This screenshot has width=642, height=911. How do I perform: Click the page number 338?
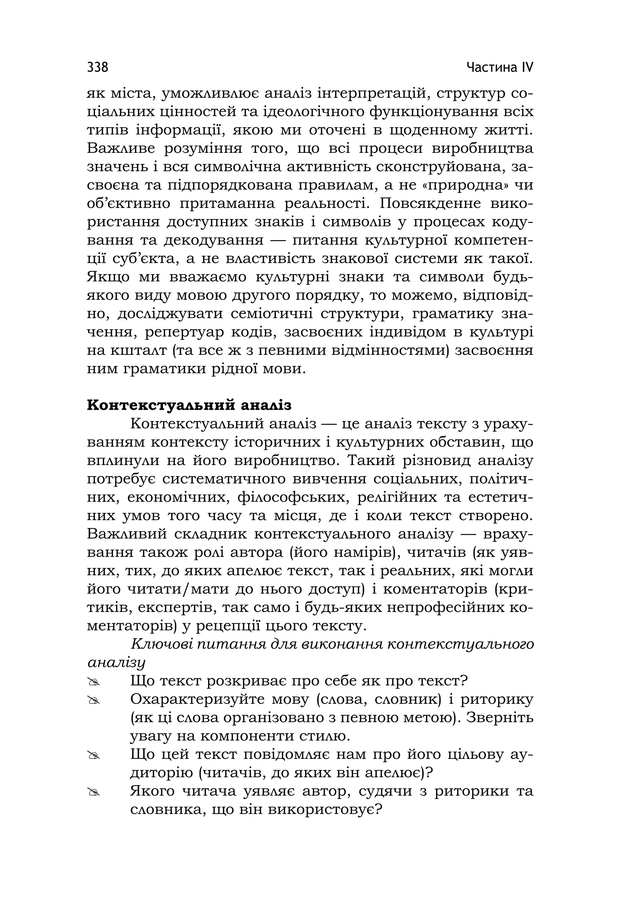point(97,67)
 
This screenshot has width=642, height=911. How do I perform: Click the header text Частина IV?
point(500,67)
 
